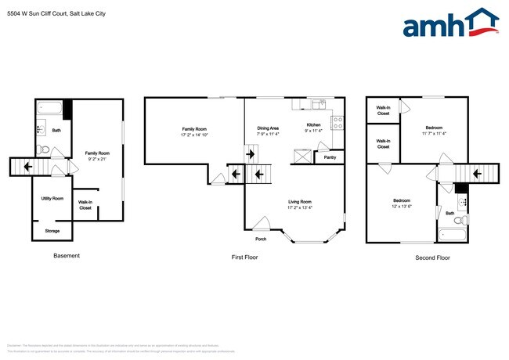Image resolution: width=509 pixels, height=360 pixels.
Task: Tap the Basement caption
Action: tap(66, 256)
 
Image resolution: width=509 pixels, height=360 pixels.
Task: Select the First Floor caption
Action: tap(245, 257)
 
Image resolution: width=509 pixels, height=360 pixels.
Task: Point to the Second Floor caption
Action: tap(432, 257)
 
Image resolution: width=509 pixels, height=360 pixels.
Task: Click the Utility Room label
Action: tap(52, 198)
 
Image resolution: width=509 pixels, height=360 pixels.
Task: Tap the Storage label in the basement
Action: tap(52, 231)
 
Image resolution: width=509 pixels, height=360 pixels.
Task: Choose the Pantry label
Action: tap(330, 157)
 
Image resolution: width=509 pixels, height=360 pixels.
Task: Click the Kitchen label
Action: tap(313, 125)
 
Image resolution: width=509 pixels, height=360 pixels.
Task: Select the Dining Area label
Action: tap(268, 128)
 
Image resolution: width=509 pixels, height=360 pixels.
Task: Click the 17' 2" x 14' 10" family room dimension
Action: tap(194, 134)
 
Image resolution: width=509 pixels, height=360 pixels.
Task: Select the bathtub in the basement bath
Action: tap(51, 107)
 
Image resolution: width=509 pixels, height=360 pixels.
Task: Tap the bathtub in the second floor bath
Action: tap(453, 233)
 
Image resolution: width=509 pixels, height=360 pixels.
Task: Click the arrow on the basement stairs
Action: tap(27, 166)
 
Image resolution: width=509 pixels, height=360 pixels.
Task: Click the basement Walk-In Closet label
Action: tap(85, 205)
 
